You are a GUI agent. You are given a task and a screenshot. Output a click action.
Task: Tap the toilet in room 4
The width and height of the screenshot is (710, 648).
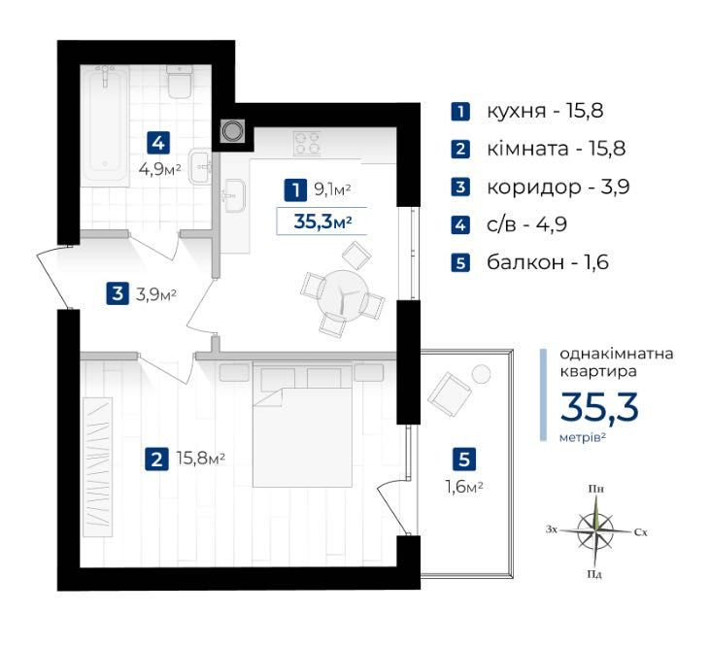pyautogui.click(x=180, y=82)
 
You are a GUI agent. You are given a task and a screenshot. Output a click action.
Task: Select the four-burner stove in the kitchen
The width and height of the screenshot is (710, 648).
pyautogui.click(x=308, y=143)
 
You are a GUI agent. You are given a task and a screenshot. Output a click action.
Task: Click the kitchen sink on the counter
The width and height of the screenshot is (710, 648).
pyautogui.click(x=234, y=195)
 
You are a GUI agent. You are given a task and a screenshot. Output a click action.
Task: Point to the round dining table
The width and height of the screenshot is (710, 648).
pyautogui.click(x=343, y=295)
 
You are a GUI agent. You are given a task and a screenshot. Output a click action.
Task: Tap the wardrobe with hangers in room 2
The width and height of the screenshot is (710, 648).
pyautogui.click(x=97, y=467)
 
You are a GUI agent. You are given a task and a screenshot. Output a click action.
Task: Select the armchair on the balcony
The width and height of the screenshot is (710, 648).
pyautogui.click(x=450, y=392)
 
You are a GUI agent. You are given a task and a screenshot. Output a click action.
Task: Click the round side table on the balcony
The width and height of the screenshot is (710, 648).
pyautogui.click(x=481, y=374)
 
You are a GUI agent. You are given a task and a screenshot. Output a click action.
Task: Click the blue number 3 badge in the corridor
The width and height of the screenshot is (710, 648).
pyautogui.click(x=118, y=293)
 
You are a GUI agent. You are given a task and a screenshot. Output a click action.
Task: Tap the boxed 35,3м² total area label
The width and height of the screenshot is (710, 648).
pyautogui.click(x=321, y=222)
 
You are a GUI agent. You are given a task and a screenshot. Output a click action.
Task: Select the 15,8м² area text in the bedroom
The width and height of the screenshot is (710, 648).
pyautogui.click(x=201, y=459)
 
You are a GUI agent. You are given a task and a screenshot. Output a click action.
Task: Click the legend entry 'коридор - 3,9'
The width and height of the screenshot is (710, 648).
pyautogui.click(x=540, y=187)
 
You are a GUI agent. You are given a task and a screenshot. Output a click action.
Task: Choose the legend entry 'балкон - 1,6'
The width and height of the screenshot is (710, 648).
pyautogui.click(x=529, y=262)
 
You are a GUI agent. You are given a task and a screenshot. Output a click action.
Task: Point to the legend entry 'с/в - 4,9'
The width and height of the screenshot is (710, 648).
pyautogui.click(x=509, y=224)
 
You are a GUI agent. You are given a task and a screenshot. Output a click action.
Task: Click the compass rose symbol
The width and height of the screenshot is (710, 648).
pyautogui.click(x=596, y=530)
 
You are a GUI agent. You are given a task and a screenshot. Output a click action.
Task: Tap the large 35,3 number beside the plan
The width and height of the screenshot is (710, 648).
pyautogui.click(x=599, y=407)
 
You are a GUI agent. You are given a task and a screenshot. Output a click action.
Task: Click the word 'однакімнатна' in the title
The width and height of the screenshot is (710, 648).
pyautogui.click(x=616, y=354)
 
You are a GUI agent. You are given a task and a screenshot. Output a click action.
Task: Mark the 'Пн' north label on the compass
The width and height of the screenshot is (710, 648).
pyautogui.click(x=596, y=489)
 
